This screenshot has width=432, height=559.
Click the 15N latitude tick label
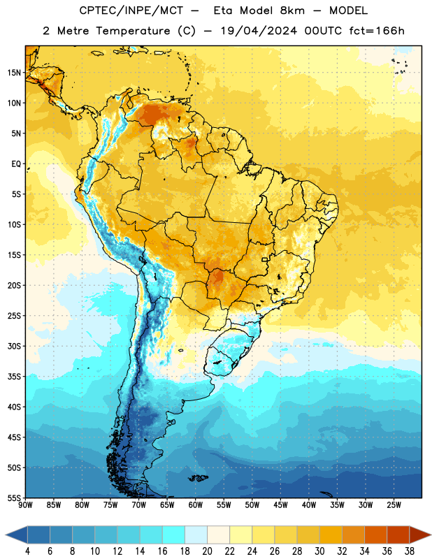tap(14, 73)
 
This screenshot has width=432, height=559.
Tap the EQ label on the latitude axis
tap(16, 164)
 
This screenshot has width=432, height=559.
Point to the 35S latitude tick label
tap(14, 377)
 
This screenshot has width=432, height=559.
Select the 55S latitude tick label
tap(14, 498)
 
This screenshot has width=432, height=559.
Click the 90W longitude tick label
tap(25, 504)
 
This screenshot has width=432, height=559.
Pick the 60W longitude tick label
tap(196, 504)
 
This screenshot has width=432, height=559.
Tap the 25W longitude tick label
tap(394, 504)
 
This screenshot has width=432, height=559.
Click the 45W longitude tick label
tap(280, 504)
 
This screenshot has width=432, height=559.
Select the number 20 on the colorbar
tap(207, 551)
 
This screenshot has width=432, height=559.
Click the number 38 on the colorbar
tap(410, 551)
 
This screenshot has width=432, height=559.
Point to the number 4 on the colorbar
tap(27, 551)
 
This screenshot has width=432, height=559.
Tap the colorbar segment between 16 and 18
tap(174, 535)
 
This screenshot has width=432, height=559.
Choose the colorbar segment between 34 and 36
tap(376, 535)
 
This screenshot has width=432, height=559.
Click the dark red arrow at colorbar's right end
tap(420, 535)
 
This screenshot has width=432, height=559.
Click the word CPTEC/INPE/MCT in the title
tap(131, 10)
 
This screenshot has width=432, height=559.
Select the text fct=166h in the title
tap(377, 31)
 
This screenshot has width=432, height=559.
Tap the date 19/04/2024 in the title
tap(259, 31)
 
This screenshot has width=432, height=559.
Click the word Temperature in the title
tap(133, 31)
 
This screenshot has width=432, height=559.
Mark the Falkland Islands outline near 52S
tap(199, 478)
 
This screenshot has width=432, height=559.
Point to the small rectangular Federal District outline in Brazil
tap(265, 259)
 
